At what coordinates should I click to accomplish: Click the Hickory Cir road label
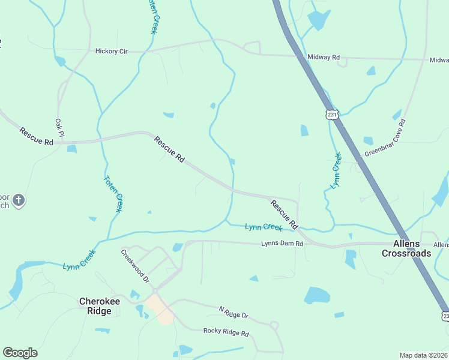(x=112, y=52)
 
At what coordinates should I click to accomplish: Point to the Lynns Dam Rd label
(x=278, y=244)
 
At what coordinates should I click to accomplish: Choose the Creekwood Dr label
(x=135, y=266)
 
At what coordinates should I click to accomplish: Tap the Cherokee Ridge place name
(x=96, y=306)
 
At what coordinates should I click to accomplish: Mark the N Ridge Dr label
(x=234, y=312)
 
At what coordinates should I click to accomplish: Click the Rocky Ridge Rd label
(x=226, y=331)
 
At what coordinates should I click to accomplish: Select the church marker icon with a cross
(x=19, y=200)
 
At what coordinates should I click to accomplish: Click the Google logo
(x=20, y=353)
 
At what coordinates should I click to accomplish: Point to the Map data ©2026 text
(x=424, y=355)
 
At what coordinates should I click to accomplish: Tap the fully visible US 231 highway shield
(x=333, y=114)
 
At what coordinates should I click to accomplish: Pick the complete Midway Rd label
(x=324, y=58)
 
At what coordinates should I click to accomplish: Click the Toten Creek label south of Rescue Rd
(x=113, y=193)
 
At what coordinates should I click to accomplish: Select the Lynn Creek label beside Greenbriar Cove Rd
(x=336, y=170)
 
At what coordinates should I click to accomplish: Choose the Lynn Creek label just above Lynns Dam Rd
(x=264, y=227)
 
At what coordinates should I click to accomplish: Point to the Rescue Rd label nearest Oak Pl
(x=36, y=136)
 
